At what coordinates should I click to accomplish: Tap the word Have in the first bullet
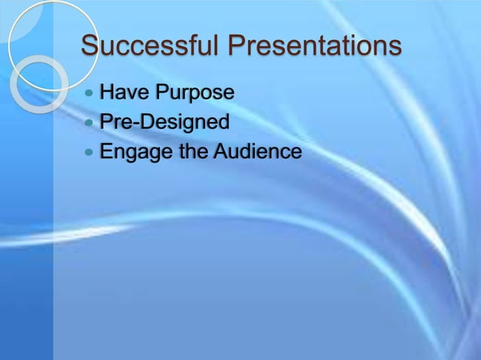coord(124,93)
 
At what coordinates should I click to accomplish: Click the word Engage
coord(131,152)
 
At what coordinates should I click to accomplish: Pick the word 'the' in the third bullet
coord(188,152)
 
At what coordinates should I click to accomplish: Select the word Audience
coord(257,152)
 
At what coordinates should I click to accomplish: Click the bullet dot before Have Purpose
coord(90,94)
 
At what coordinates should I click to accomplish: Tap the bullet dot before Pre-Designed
coord(90,123)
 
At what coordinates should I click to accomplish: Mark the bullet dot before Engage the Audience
coord(90,153)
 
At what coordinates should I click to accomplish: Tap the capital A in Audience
coord(220,152)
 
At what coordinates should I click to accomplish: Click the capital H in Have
coord(108,93)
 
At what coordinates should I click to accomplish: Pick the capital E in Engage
coord(107,152)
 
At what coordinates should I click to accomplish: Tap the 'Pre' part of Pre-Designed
coord(118,122)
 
